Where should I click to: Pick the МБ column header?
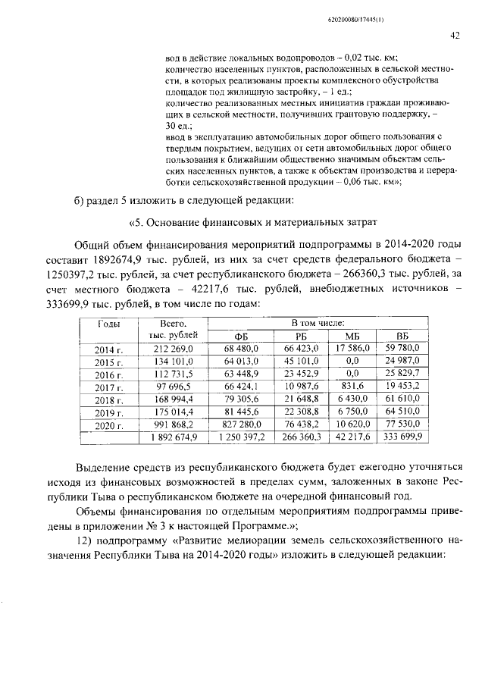351,336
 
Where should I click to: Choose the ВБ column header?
402,336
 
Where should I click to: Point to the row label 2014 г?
108,349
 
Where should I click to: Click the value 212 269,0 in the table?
174,348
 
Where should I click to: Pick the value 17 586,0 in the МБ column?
352,348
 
